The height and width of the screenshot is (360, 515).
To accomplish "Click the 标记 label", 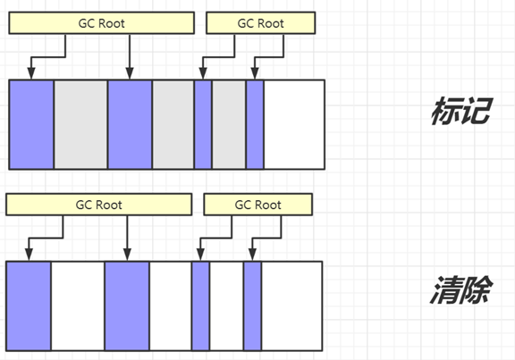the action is coord(460,111).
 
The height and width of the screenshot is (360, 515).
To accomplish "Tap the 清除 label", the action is coord(460,289).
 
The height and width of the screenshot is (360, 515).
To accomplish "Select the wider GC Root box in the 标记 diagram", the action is coord(102,23).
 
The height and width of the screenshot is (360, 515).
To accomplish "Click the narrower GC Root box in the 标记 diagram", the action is coord(260,23).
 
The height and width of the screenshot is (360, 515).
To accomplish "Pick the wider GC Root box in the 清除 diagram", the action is coord(99,205).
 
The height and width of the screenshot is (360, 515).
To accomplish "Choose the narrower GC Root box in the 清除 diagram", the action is coord(257,205).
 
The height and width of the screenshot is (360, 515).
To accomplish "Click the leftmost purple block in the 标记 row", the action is coord(31,124).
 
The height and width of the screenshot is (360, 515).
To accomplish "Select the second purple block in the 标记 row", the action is coord(130,124).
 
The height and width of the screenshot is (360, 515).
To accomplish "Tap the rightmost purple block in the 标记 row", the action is coord(255,124).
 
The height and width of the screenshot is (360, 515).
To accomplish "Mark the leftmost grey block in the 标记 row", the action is coord(80,124).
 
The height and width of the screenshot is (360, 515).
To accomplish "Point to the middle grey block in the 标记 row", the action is coord(173,124).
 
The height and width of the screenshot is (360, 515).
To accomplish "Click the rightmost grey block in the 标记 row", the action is coord(229,124).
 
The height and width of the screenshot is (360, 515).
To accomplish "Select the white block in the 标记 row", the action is coord(294,124).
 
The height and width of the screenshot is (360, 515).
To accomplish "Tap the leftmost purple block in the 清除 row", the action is coord(29,306).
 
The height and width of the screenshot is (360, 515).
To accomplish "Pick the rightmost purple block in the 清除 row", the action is coord(252,306).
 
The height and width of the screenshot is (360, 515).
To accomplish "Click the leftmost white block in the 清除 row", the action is coord(78,306).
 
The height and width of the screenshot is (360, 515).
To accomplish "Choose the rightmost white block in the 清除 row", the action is coord(292,306).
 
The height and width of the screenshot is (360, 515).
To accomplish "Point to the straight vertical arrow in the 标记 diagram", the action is coord(130,56).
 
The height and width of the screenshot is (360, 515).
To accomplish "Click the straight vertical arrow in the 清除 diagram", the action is coord(127,239).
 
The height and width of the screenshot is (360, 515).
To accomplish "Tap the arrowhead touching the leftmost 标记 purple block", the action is coord(31,73).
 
